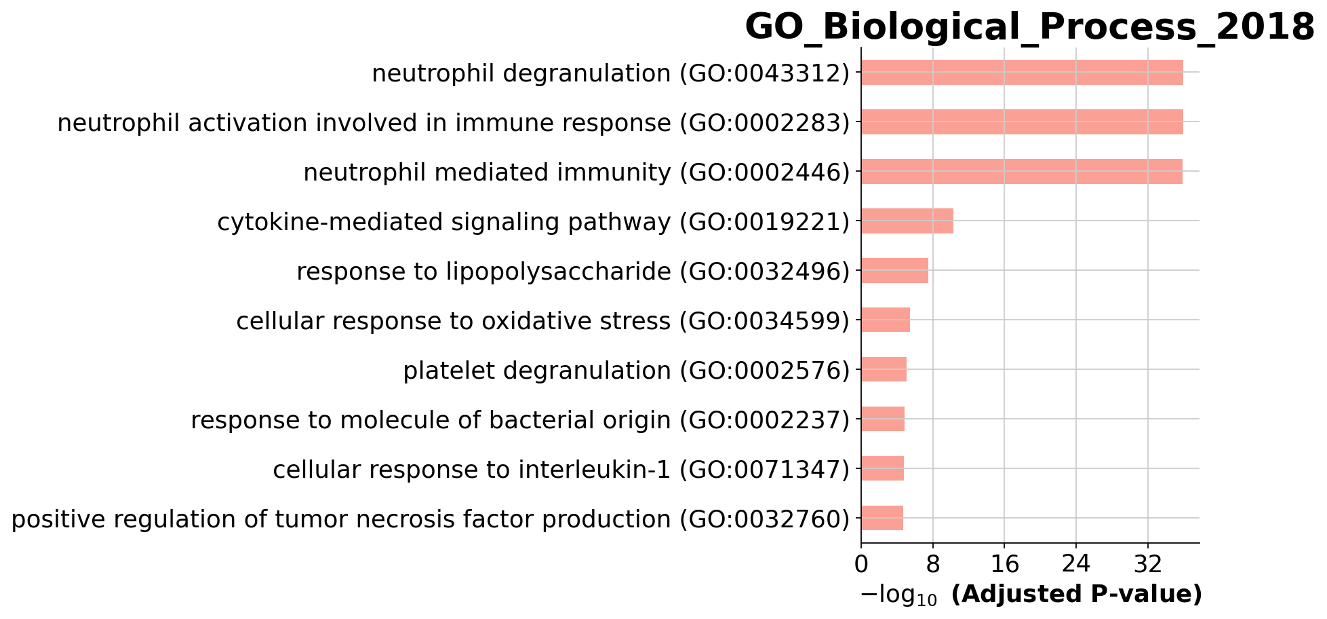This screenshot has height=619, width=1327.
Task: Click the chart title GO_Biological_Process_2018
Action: coord(1029,27)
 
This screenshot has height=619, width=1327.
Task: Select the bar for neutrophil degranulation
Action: coord(1022,73)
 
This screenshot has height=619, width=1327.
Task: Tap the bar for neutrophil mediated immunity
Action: coord(1022,172)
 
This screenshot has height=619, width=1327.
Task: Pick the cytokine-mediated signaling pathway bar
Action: coord(907,221)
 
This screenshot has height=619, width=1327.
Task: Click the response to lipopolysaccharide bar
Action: coord(895,271)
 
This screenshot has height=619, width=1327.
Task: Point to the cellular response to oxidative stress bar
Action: coord(886,320)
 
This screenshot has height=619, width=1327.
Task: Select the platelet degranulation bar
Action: coord(884,370)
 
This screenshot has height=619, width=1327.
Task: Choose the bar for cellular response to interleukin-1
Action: coord(883,469)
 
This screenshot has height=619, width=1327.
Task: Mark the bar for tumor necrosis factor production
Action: coord(882,519)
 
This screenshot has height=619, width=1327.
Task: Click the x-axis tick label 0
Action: coord(861,565)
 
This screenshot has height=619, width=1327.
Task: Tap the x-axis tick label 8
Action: coord(933,565)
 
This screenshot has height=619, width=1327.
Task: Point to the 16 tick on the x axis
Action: coord(1004,565)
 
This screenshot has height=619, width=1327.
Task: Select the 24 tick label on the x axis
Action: coord(1076,565)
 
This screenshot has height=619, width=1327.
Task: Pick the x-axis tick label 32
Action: coord(1147,565)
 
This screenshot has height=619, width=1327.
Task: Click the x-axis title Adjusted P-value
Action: coord(1077,595)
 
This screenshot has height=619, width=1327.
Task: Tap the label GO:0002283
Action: coord(765,123)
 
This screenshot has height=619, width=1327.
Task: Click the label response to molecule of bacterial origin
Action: coord(431,420)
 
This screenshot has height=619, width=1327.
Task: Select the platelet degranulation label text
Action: coord(537,371)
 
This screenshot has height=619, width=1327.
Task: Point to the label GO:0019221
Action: coord(765,222)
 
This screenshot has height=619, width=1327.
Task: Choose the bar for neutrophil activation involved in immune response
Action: coord(1022,122)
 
